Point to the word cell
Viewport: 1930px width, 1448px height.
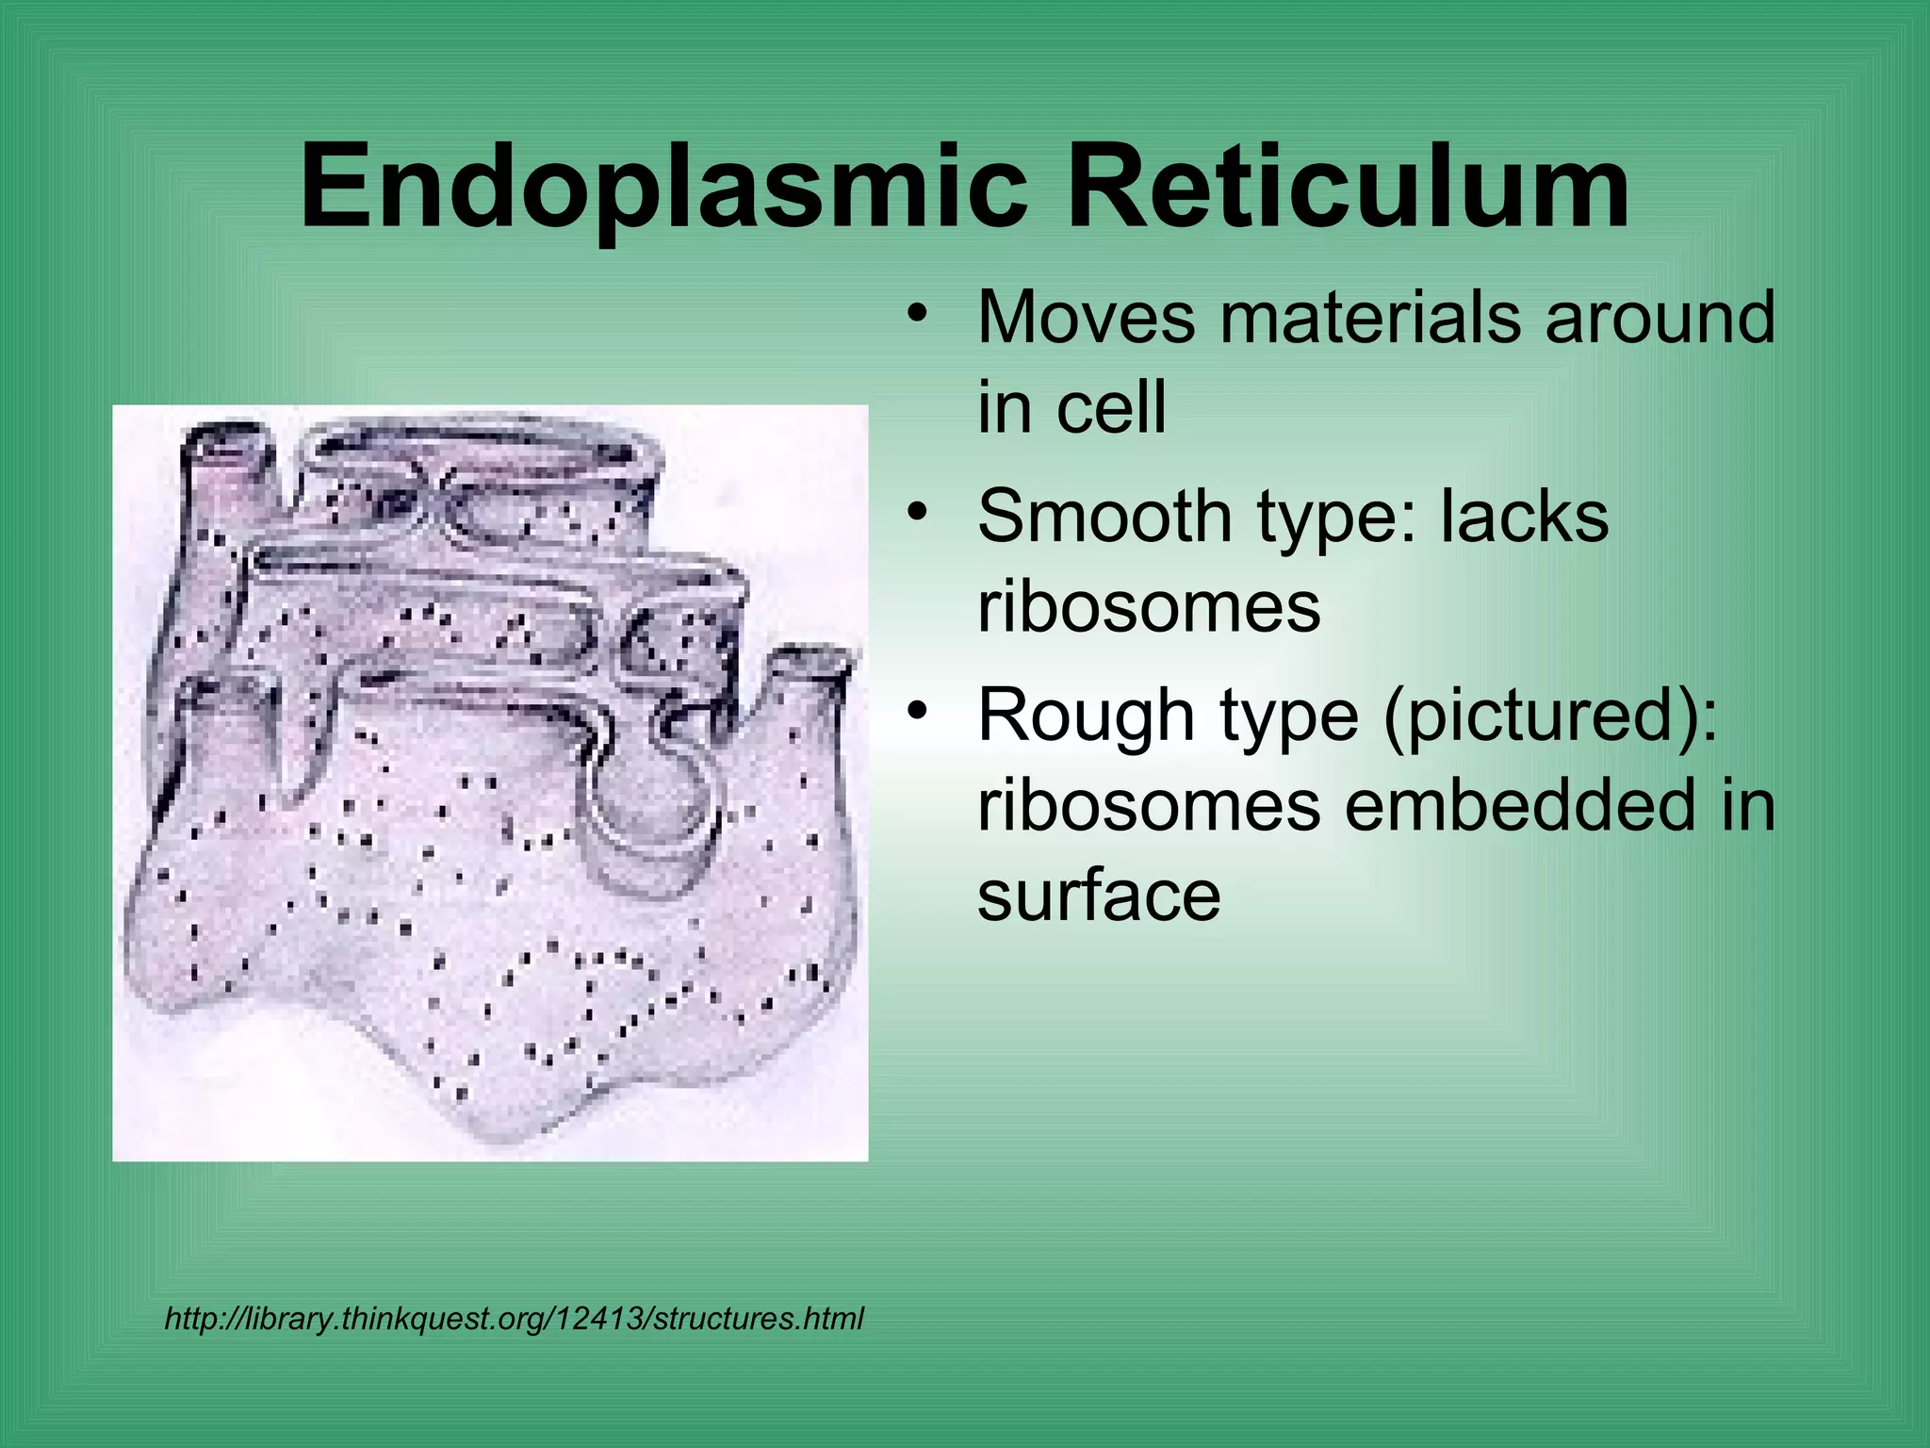[x=1111, y=407]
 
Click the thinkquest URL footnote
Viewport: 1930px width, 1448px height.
[x=514, y=1318]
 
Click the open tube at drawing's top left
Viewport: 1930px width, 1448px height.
[x=224, y=443]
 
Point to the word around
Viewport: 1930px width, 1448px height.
[x=1660, y=317]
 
